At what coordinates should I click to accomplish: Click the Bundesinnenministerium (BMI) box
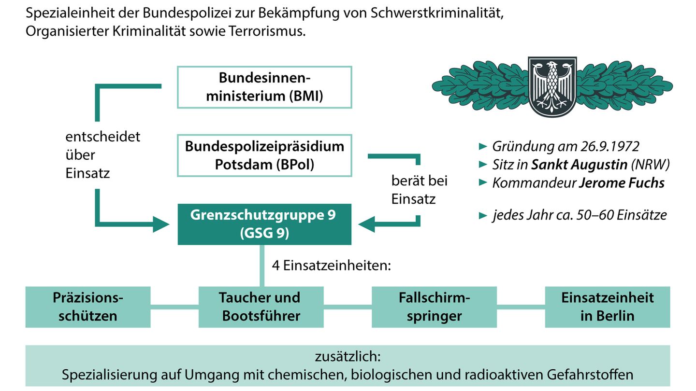click(x=264, y=87)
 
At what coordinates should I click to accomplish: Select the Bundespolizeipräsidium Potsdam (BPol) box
click(x=264, y=155)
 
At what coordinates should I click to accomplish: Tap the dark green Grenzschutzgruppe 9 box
click(x=264, y=224)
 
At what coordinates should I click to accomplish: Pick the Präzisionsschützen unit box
click(x=88, y=307)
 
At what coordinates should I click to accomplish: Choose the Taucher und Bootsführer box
click(x=261, y=307)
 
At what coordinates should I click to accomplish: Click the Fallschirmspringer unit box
click(x=434, y=307)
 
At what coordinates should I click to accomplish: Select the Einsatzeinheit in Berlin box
click(x=608, y=307)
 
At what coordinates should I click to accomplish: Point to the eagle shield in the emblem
click(x=552, y=86)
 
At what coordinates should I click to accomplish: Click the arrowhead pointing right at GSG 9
click(x=161, y=224)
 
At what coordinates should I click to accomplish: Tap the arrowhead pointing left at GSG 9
click(x=367, y=224)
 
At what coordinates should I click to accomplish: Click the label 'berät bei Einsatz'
click(x=419, y=190)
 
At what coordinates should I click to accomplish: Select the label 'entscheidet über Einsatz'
click(x=102, y=154)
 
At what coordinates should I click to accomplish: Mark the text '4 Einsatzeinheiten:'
click(x=331, y=265)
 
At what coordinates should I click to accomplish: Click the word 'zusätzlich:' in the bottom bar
click(x=348, y=357)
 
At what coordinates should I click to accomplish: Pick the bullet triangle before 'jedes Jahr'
click(x=482, y=215)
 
